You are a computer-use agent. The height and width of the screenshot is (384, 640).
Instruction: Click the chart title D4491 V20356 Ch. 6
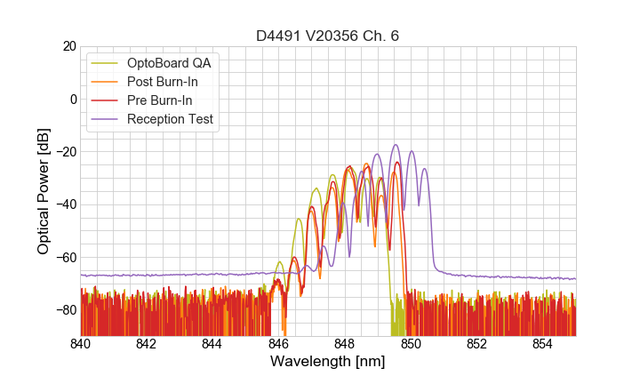click(327, 36)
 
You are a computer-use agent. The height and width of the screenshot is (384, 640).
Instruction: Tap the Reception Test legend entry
click(171, 119)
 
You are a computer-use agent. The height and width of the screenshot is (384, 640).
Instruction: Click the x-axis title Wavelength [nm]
click(327, 362)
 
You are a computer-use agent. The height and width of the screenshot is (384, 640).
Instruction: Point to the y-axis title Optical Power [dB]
click(44, 190)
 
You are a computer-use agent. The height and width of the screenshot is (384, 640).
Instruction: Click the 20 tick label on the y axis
click(68, 46)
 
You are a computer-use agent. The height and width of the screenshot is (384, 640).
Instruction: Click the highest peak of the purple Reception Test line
click(396, 145)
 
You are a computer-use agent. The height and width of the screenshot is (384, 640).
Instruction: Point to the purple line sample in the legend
click(107, 119)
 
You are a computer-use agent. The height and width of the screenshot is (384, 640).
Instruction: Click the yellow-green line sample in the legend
click(107, 63)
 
